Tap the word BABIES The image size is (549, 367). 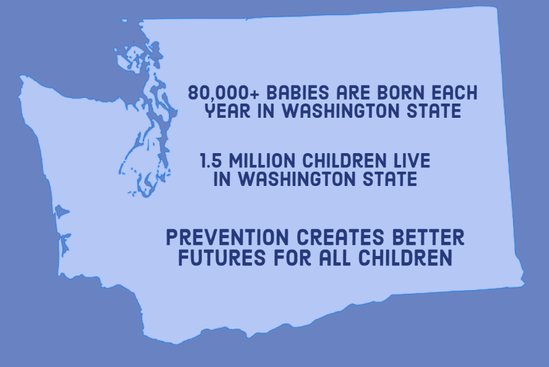(298, 92)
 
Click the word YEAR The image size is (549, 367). (228, 111)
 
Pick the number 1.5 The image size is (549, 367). (211, 160)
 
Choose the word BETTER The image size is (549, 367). (428, 237)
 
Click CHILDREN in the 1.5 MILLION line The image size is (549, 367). (344, 160)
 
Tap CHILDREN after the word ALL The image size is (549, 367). (405, 257)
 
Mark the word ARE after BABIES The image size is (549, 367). (353, 92)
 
